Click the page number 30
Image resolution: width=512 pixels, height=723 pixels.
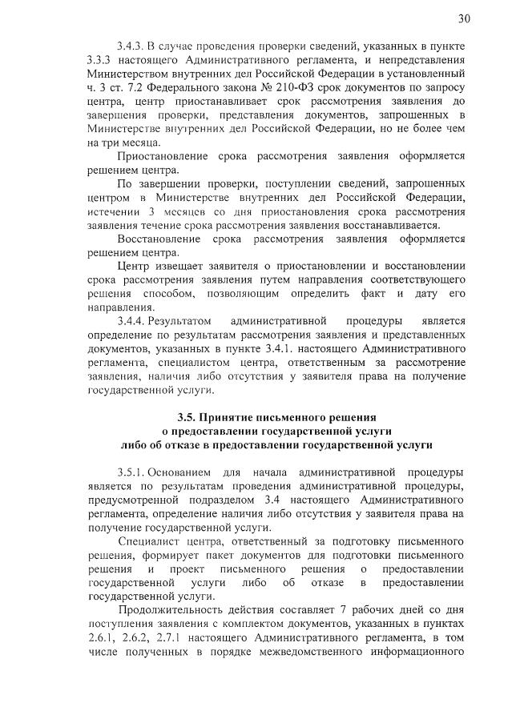[463, 18]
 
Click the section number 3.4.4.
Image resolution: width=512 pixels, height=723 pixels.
[131, 321]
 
